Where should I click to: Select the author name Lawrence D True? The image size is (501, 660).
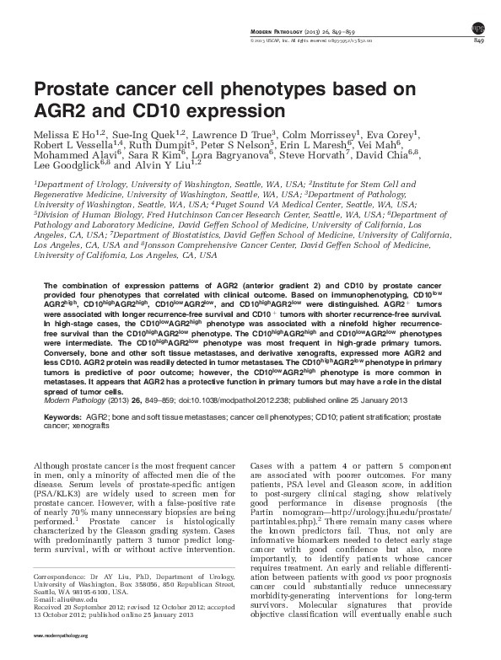point(250,135)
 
